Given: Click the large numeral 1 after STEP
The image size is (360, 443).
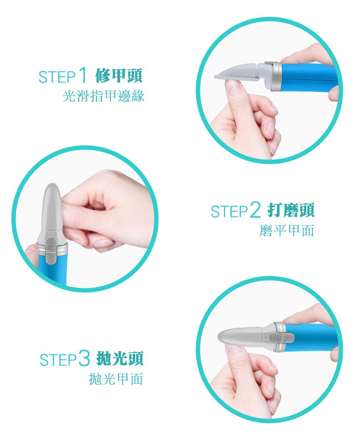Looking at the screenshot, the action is (x=83, y=75).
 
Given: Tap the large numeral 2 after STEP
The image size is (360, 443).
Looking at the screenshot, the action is (x=255, y=210).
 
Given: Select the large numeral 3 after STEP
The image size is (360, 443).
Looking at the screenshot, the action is (x=84, y=358).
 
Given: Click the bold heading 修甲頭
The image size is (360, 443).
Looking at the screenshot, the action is (x=119, y=75).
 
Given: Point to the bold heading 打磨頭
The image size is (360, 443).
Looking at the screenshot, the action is (x=291, y=210).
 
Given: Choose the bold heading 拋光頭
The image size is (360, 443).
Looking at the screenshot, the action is (x=120, y=358).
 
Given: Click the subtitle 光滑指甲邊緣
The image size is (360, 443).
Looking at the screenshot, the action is (x=104, y=96).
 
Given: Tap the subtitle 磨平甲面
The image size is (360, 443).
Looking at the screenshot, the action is (x=287, y=230).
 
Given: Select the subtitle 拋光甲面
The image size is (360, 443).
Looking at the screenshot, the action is (x=116, y=379).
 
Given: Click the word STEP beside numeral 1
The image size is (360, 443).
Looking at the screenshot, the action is (x=58, y=77).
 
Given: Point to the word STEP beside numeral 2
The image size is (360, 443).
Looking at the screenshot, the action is (x=229, y=212).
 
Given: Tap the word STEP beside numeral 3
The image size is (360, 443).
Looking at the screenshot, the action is (x=58, y=359).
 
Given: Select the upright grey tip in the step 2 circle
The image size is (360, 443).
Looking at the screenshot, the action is (x=52, y=207).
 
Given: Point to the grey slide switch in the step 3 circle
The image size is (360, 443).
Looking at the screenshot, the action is (x=281, y=338).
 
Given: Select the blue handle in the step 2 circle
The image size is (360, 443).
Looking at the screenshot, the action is (x=52, y=269).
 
